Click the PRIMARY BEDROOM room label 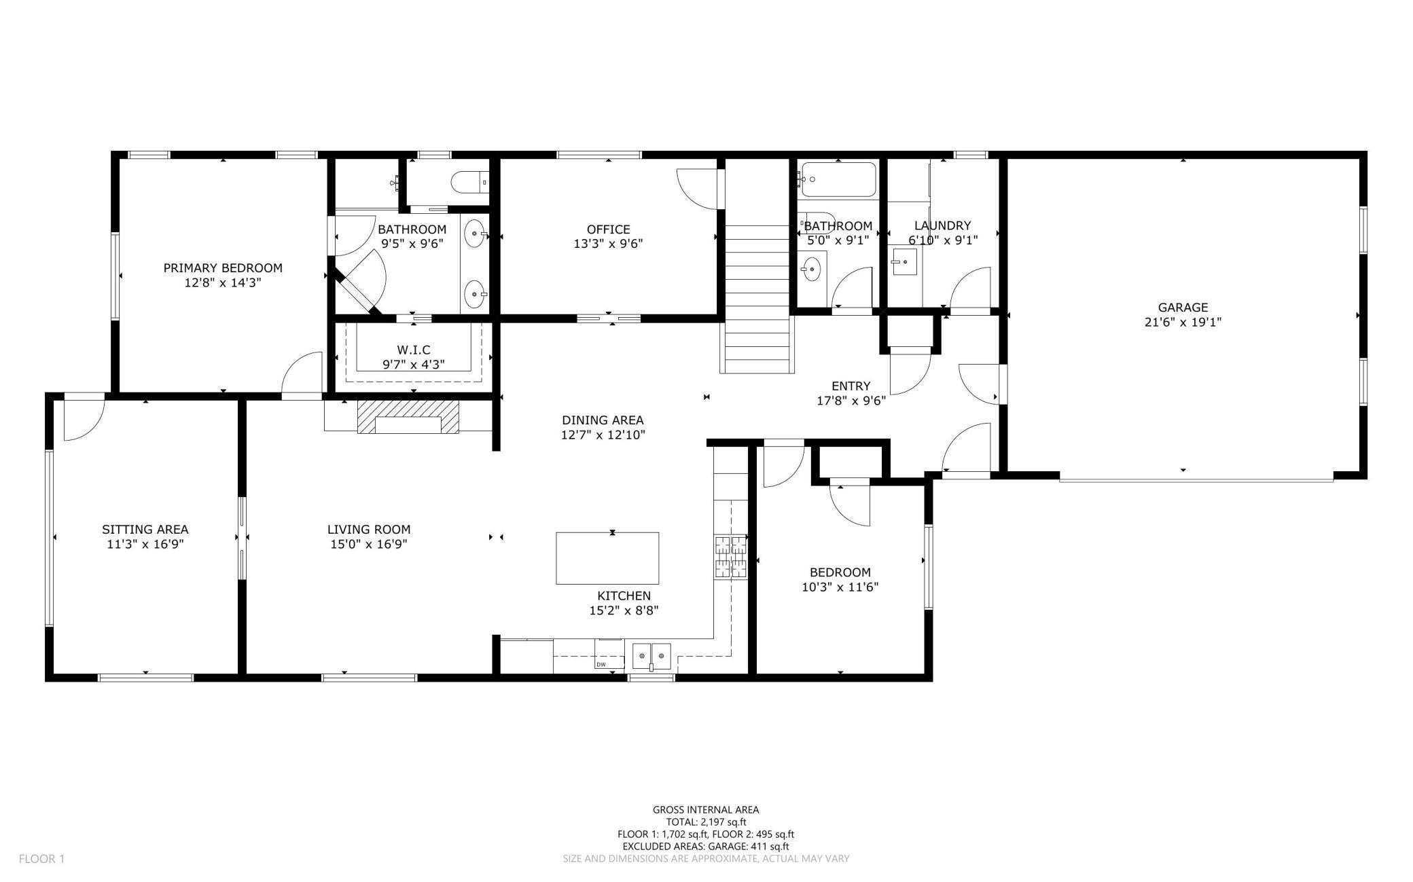[223, 268]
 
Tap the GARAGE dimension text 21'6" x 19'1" [1183, 323]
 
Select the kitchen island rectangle [607, 558]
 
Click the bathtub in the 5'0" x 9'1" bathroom [838, 179]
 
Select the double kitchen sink [651, 656]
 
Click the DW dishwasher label [601, 665]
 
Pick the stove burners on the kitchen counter [730, 557]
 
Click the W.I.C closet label [413, 350]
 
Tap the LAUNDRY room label [942, 225]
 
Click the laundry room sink [904, 261]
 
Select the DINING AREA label [603, 420]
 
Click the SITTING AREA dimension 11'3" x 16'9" [145, 544]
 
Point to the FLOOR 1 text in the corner [41, 859]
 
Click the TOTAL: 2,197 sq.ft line [706, 822]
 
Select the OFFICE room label [608, 229]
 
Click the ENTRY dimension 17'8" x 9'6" [851, 401]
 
